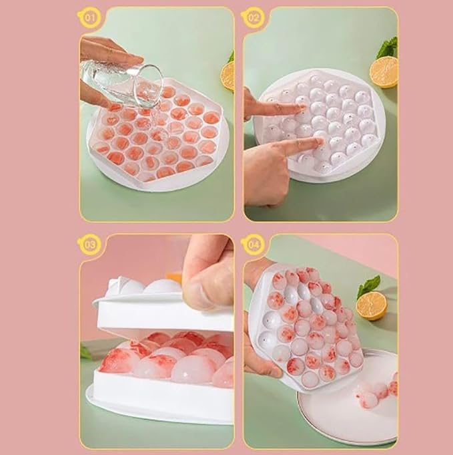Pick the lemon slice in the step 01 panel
pyautogui.click(x=228, y=76)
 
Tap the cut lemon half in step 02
pyautogui.click(x=384, y=71)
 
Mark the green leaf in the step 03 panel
pyautogui.click(x=87, y=352)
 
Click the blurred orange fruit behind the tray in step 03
pyautogui.click(x=175, y=275)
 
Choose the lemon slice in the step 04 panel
pyautogui.click(x=371, y=305)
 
